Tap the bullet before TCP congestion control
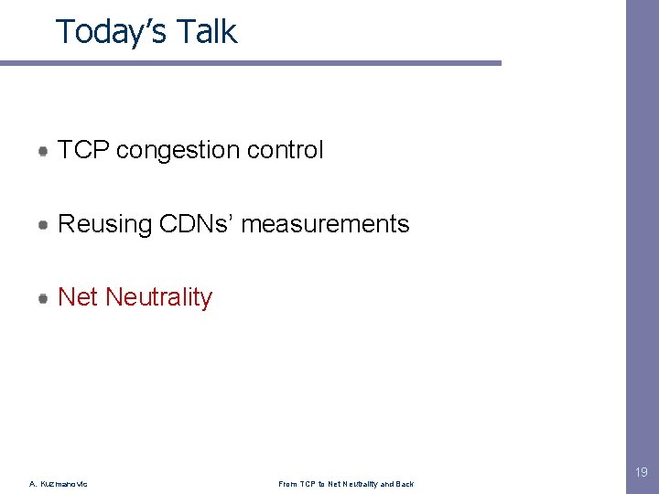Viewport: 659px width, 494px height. coord(43,150)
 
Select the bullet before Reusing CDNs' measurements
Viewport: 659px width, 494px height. coord(43,224)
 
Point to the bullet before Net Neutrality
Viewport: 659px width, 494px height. coord(43,298)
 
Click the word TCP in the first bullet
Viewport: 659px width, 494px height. coord(83,150)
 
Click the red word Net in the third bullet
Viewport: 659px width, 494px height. coord(78,297)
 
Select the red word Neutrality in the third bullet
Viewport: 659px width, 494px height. coord(158,297)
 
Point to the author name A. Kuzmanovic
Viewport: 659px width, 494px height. coord(59,484)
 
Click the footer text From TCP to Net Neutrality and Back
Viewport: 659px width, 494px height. coord(346,484)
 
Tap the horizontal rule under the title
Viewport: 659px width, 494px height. coord(251,63)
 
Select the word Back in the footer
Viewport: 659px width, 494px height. coord(405,484)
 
